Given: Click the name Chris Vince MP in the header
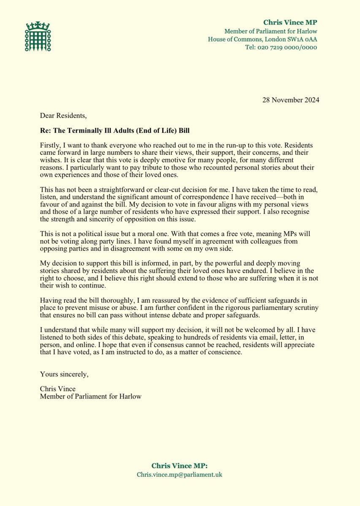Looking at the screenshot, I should [290, 22].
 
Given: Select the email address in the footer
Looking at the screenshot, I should [179, 474].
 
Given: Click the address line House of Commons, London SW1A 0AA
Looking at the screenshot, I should [263, 39].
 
